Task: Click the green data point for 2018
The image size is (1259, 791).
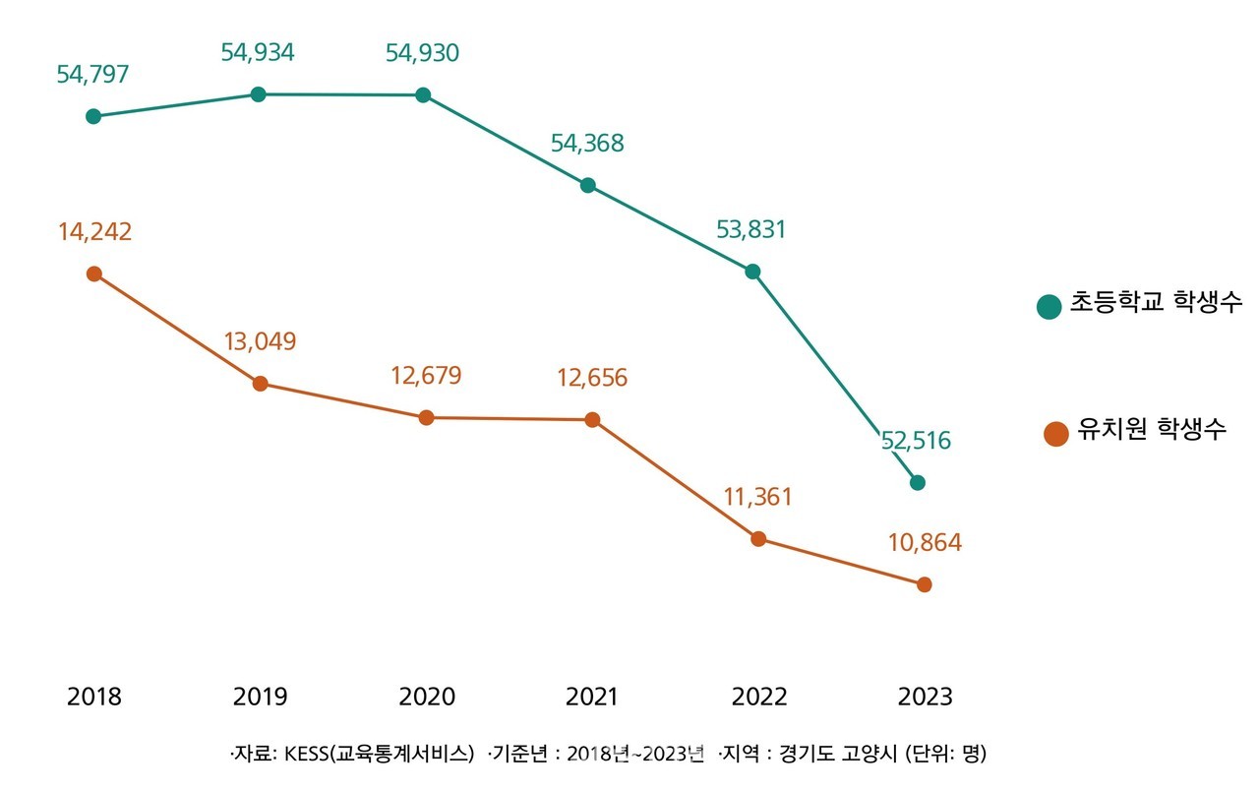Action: click(x=93, y=116)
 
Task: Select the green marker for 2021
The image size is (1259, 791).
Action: click(x=587, y=185)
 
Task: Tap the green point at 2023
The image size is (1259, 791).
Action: click(x=918, y=482)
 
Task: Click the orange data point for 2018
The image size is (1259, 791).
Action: click(x=93, y=274)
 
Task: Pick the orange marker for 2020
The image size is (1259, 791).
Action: click(x=426, y=418)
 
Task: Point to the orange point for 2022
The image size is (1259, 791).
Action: click(x=758, y=539)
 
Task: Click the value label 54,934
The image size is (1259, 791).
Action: click(x=258, y=53)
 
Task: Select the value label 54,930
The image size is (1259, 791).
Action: click(x=423, y=53)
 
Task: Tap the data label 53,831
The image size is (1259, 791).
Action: click(x=752, y=229)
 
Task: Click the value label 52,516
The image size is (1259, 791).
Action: click(x=917, y=441)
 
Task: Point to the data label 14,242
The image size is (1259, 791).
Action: click(x=94, y=232)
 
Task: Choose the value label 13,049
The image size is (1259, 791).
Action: click(x=260, y=341)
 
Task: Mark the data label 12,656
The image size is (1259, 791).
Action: click(x=592, y=378)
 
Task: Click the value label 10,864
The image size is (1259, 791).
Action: click(x=926, y=542)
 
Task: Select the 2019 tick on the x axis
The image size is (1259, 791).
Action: click(x=260, y=697)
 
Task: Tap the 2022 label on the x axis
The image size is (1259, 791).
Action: click(x=759, y=697)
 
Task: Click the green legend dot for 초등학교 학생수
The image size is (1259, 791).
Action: click(x=1049, y=306)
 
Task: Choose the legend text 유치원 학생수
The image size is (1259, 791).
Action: click(x=1152, y=430)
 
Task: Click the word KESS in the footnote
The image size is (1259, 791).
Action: click(x=306, y=755)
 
